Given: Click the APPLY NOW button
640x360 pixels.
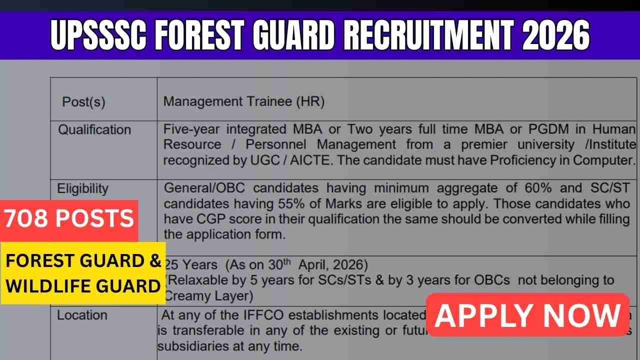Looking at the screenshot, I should (x=527, y=315).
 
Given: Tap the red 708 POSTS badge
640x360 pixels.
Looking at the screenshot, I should (x=69, y=219).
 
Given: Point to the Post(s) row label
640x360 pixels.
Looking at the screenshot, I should (x=83, y=102).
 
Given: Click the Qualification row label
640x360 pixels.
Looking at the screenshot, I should (x=94, y=130).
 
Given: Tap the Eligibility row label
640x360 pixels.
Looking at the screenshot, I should (x=82, y=188).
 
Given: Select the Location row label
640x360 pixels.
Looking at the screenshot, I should (x=82, y=315).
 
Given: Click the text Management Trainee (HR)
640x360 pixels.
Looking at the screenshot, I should (x=244, y=101).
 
